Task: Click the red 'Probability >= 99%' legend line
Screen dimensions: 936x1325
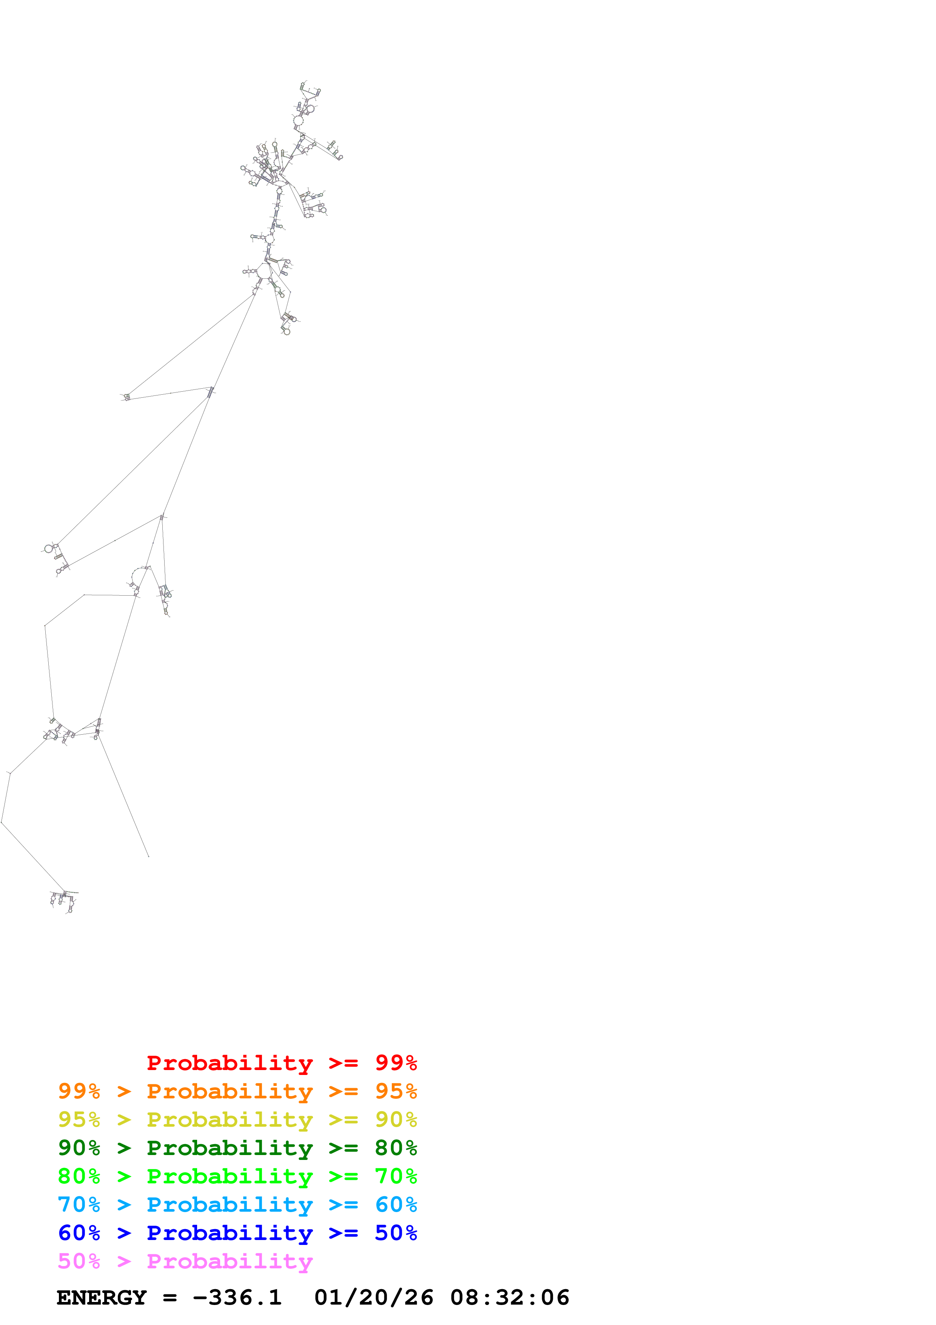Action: coord(281,1062)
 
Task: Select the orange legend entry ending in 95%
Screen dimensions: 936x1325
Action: coord(237,1091)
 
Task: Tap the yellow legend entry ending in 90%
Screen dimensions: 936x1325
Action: coord(237,1119)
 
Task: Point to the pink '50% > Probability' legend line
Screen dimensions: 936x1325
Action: coord(185,1260)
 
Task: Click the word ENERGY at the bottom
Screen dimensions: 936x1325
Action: coord(102,1297)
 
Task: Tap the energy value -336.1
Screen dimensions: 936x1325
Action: coord(237,1297)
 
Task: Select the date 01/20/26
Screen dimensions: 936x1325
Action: coord(374,1297)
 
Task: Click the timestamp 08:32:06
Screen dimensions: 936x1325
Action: coord(510,1297)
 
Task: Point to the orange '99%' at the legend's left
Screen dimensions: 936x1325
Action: coord(79,1091)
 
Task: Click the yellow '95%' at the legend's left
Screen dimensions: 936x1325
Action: coord(79,1119)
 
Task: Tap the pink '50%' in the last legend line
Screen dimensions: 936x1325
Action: coord(79,1260)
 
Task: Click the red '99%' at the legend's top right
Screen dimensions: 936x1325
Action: coord(396,1062)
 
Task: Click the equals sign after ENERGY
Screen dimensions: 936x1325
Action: coord(170,1297)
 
